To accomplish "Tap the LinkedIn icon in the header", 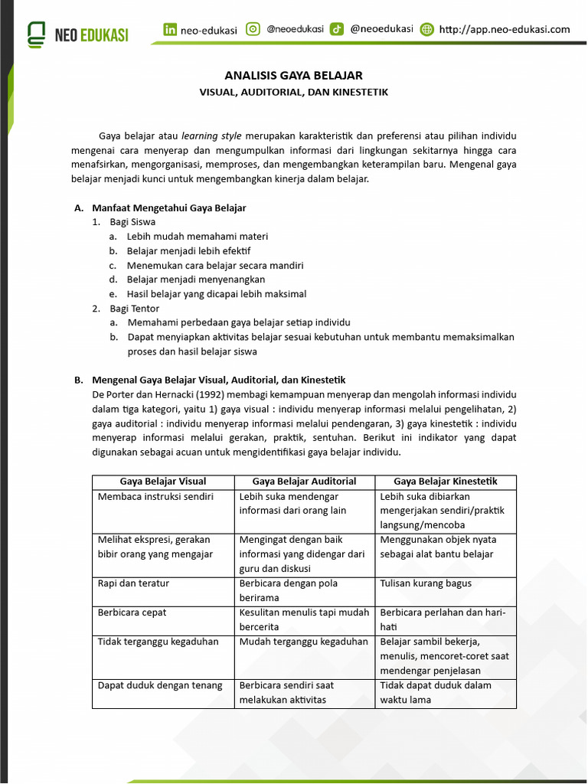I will coord(170,30).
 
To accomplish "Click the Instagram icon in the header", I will coord(253,29).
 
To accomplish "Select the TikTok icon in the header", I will coord(336,29).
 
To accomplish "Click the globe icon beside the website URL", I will coord(427,30).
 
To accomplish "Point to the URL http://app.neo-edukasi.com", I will coord(505,30).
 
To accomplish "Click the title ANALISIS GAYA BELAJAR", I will coord(293,75).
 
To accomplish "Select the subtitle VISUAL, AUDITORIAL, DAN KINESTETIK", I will coord(293,92).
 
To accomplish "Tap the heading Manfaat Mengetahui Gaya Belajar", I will coord(168,207).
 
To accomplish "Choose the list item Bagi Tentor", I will coord(134,309).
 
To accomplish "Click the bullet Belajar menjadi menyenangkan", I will coord(195,279).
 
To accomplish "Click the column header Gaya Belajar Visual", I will coord(162,482).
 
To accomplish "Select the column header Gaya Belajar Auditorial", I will coord(304,482).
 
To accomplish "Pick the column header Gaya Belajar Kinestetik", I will coord(445,482).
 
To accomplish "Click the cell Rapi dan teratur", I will coord(134,583).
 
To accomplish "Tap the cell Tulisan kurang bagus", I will coord(426,583).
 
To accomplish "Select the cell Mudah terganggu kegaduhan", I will coord(304,642).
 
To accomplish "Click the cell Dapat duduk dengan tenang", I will coord(160,685).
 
